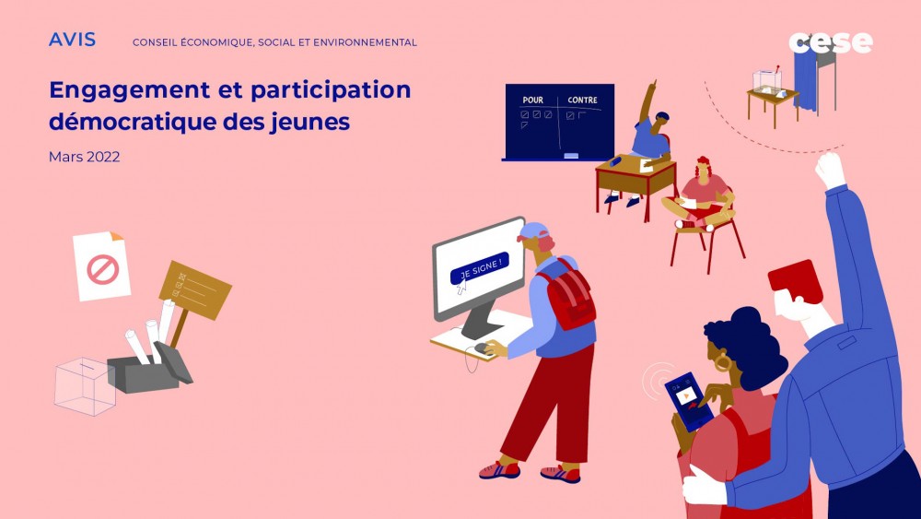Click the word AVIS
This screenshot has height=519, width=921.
click(x=72, y=40)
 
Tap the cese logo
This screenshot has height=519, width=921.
click(x=830, y=42)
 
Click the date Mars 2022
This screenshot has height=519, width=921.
click(x=84, y=157)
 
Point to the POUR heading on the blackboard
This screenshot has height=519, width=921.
click(x=532, y=100)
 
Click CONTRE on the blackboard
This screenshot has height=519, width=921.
click(x=582, y=100)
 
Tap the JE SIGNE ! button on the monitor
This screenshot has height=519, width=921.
click(x=479, y=267)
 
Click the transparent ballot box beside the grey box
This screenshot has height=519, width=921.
click(x=84, y=384)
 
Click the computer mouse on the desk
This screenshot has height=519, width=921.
click(x=480, y=348)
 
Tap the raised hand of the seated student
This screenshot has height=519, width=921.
click(x=652, y=88)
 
